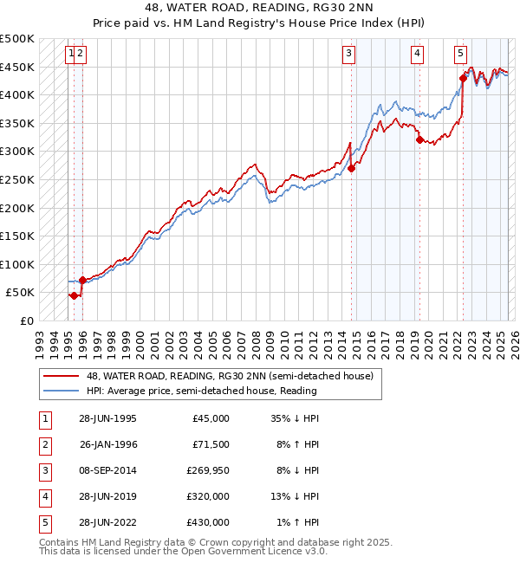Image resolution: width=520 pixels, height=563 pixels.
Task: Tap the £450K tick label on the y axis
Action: point(17,67)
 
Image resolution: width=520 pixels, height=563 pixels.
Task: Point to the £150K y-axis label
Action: point(17,236)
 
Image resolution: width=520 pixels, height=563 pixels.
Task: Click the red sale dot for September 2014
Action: point(351,169)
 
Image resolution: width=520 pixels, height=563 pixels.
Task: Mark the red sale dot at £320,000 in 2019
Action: point(419,139)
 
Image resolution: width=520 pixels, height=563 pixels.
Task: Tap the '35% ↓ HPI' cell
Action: point(296,418)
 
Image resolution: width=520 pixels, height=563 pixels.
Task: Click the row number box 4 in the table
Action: point(42,496)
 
